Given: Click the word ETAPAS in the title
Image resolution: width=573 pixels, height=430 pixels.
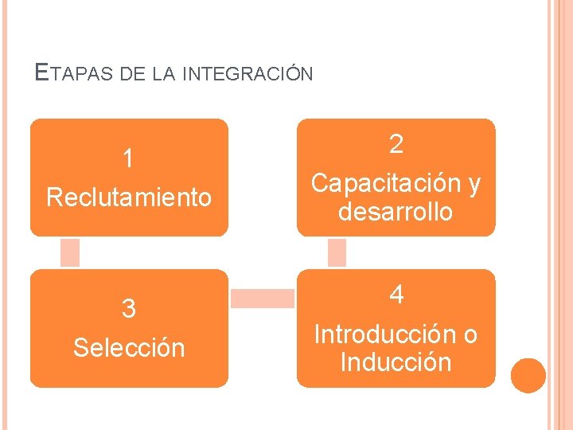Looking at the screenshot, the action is pyautogui.click(x=76, y=74).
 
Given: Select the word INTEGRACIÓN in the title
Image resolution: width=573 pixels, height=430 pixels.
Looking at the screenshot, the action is pyautogui.click(x=248, y=74).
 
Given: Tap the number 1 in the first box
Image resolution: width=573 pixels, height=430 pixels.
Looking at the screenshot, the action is pyautogui.click(x=128, y=159).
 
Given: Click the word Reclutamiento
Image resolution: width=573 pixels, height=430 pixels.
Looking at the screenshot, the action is pyautogui.click(x=129, y=197).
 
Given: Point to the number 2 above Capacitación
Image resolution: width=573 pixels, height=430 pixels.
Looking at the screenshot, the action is pyautogui.click(x=396, y=144).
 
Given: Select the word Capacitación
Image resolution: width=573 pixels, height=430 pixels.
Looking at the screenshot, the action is pyautogui.click(x=386, y=183).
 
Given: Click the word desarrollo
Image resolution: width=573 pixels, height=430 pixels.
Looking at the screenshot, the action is pyautogui.click(x=396, y=213).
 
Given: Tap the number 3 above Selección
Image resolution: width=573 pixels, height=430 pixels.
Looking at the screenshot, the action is pyautogui.click(x=128, y=309).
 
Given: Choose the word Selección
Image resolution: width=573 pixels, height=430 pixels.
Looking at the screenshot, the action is pyautogui.click(x=129, y=347).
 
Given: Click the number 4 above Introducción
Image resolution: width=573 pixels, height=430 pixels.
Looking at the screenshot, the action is pyautogui.click(x=396, y=295).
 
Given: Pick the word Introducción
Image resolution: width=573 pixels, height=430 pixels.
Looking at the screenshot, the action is pyautogui.click(x=385, y=334).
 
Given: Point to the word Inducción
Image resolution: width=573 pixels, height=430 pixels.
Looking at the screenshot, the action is pyautogui.click(x=396, y=362).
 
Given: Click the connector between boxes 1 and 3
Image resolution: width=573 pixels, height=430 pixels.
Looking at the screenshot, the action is pyautogui.click(x=70, y=252).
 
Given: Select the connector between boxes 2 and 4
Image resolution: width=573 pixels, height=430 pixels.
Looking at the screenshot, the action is pyautogui.click(x=337, y=252).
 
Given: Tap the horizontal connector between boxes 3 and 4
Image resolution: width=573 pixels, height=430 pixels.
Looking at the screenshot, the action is pyautogui.click(x=262, y=298).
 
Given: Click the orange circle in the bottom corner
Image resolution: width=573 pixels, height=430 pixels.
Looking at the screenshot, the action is pyautogui.click(x=528, y=376).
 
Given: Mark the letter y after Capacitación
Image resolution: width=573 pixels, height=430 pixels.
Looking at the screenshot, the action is pyautogui.click(x=474, y=185).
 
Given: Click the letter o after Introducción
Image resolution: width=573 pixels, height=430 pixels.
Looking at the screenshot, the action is pyautogui.click(x=470, y=334).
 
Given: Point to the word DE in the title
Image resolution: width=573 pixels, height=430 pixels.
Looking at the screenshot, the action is pyautogui.click(x=133, y=74).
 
